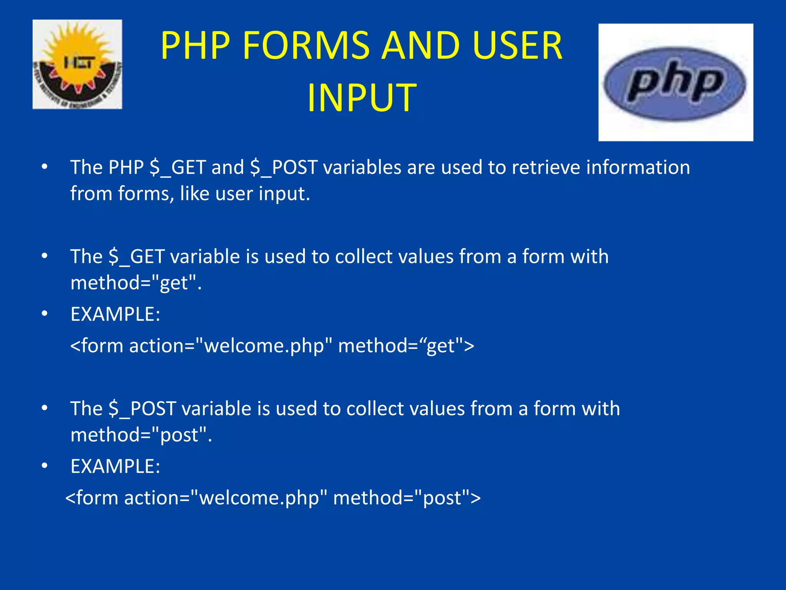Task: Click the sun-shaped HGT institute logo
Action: pyautogui.click(x=77, y=64)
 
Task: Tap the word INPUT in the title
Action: pyautogui.click(x=362, y=98)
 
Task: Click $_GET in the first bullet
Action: pyautogui.click(x=178, y=167)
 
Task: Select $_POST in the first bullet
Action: pyautogui.click(x=284, y=167)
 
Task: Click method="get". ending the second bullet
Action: pyautogui.click(x=136, y=283)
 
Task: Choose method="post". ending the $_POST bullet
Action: pyautogui.click(x=141, y=435)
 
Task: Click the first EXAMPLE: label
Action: pyautogui.click(x=115, y=314)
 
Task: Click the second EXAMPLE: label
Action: pyautogui.click(x=115, y=466)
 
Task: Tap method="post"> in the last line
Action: pyautogui.click(x=407, y=498)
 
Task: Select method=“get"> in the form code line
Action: pyautogui.click(x=406, y=346)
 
